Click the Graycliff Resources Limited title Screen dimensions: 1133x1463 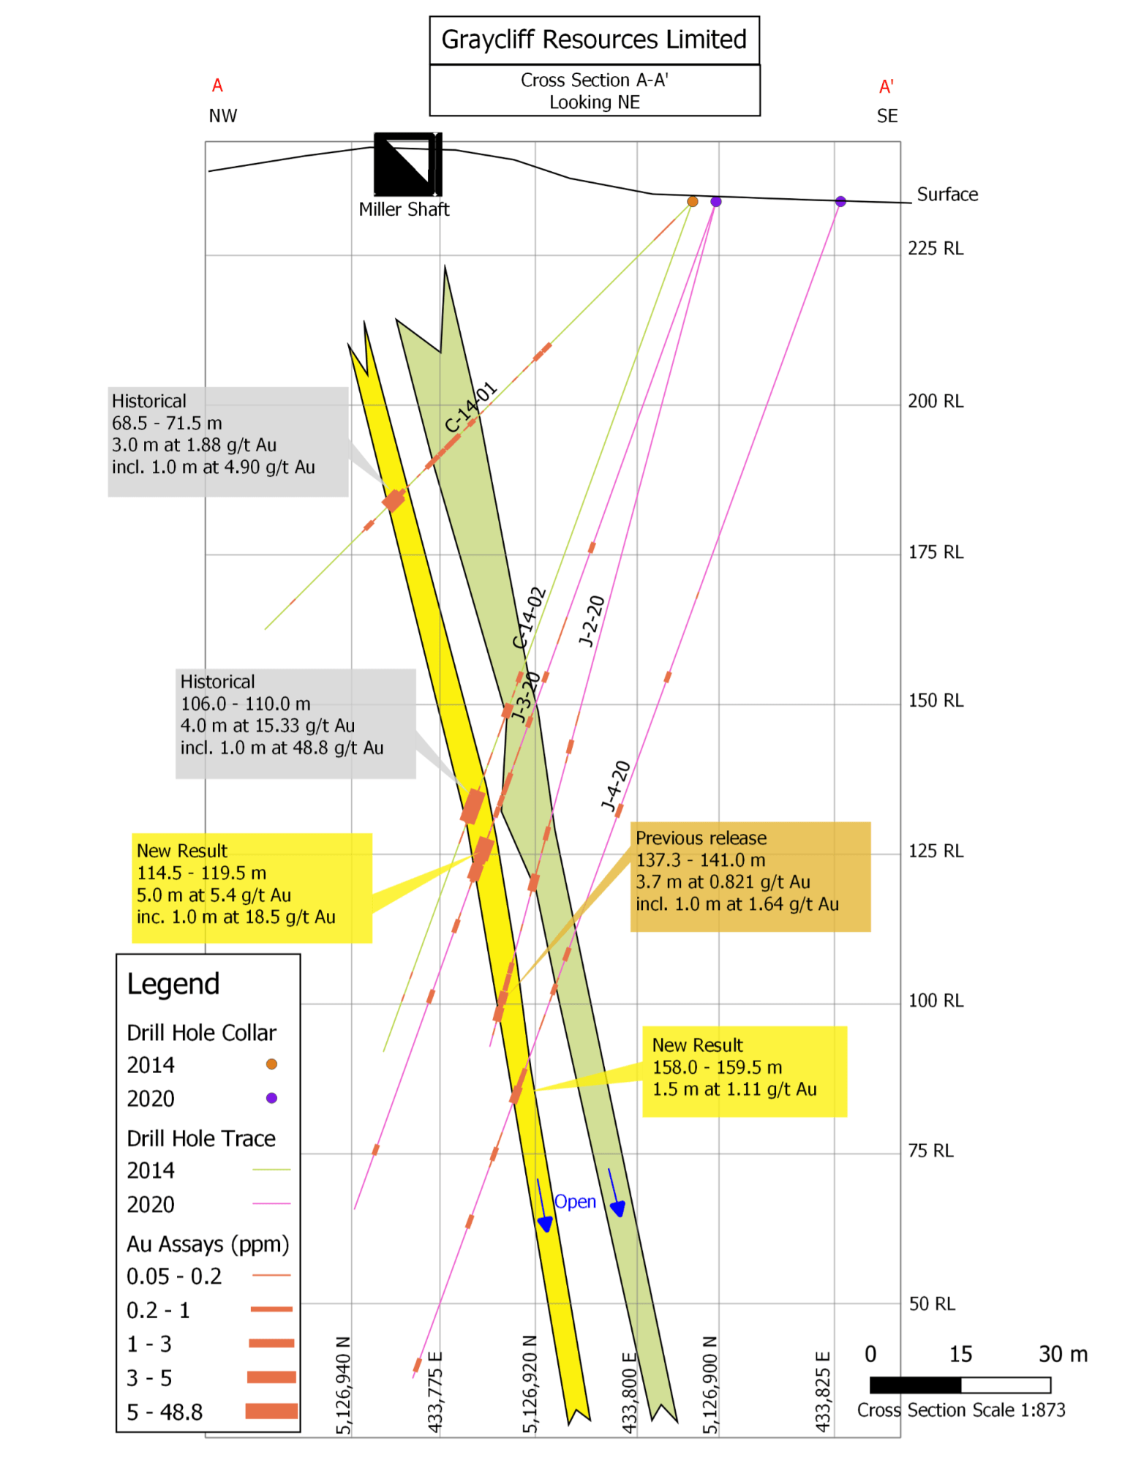tap(593, 40)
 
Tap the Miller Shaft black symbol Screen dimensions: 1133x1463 tap(407, 164)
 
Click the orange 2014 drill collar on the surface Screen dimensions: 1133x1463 tap(692, 201)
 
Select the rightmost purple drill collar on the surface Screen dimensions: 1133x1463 tap(840, 201)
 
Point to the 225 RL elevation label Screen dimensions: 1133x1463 tap(936, 249)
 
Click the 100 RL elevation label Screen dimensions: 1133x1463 tap(936, 1001)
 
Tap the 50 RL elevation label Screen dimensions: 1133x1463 tap(932, 1304)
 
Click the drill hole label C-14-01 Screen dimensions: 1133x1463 tap(471, 407)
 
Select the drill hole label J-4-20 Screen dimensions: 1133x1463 tap(615, 786)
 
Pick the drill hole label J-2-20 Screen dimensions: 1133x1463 tap(592, 621)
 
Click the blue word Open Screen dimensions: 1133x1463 tap(575, 1201)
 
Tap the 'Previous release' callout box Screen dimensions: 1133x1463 tap(750, 876)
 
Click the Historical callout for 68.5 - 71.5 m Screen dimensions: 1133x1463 tap(228, 442)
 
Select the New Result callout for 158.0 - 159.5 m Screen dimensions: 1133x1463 tap(745, 1071)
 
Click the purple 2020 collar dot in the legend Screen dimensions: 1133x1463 tap(271, 1097)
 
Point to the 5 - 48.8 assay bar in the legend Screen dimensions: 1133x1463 tap(271, 1410)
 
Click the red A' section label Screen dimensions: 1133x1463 tap(887, 86)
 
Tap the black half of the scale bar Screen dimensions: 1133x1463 tap(915, 1385)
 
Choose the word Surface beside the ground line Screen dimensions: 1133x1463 tap(947, 195)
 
